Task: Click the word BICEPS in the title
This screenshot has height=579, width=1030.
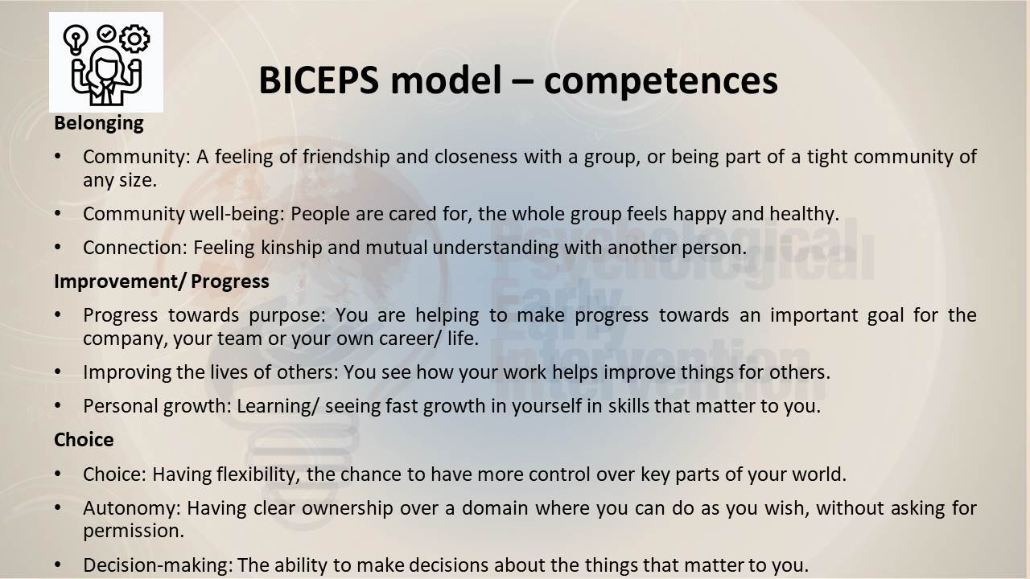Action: [319, 80]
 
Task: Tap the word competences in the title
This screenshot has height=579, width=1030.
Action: [661, 81]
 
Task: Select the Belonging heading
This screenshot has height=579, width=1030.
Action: [99, 124]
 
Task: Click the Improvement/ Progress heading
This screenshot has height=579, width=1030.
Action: [162, 281]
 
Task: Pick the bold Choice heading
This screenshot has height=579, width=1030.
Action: [84, 440]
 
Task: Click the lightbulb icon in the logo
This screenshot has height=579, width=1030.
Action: [76, 39]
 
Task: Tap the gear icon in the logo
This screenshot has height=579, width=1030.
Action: [134, 39]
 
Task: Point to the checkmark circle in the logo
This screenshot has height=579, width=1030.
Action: [106, 33]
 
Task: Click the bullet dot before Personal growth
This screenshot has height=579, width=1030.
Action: [57, 406]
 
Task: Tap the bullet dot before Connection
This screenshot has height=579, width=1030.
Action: [57, 248]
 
